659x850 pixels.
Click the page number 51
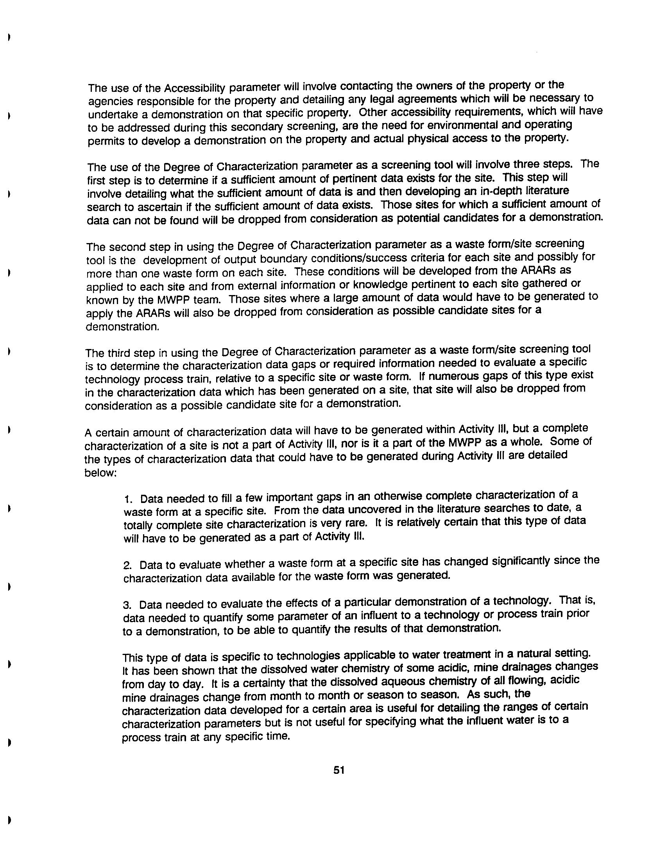[338, 770]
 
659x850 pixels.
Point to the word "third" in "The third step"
[119, 353]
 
